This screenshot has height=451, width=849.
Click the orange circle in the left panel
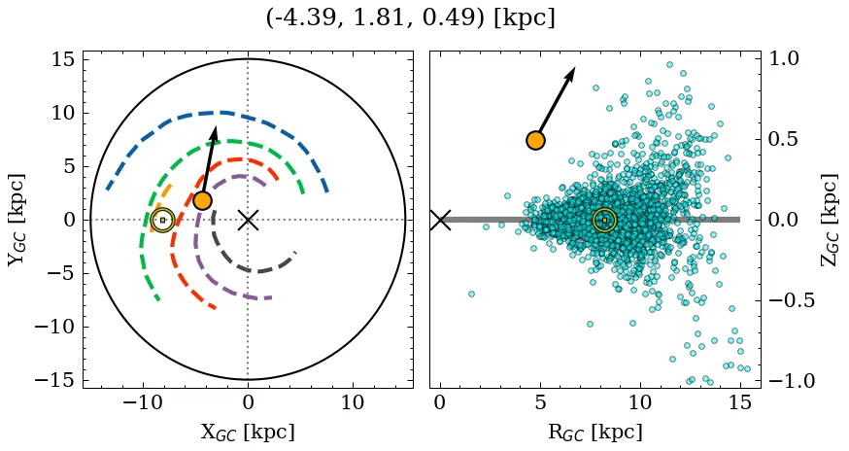[202, 200]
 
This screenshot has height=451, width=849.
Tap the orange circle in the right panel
[535, 140]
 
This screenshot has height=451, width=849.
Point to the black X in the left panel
[248, 220]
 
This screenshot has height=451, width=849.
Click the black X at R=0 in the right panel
[440, 220]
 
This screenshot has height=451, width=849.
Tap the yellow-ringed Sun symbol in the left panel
[162, 220]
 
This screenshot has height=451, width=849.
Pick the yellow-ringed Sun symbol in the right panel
[604, 220]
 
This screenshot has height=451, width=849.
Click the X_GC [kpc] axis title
[248, 433]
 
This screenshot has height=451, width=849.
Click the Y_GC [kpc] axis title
[16, 220]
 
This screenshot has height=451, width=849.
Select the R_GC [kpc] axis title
[594, 433]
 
